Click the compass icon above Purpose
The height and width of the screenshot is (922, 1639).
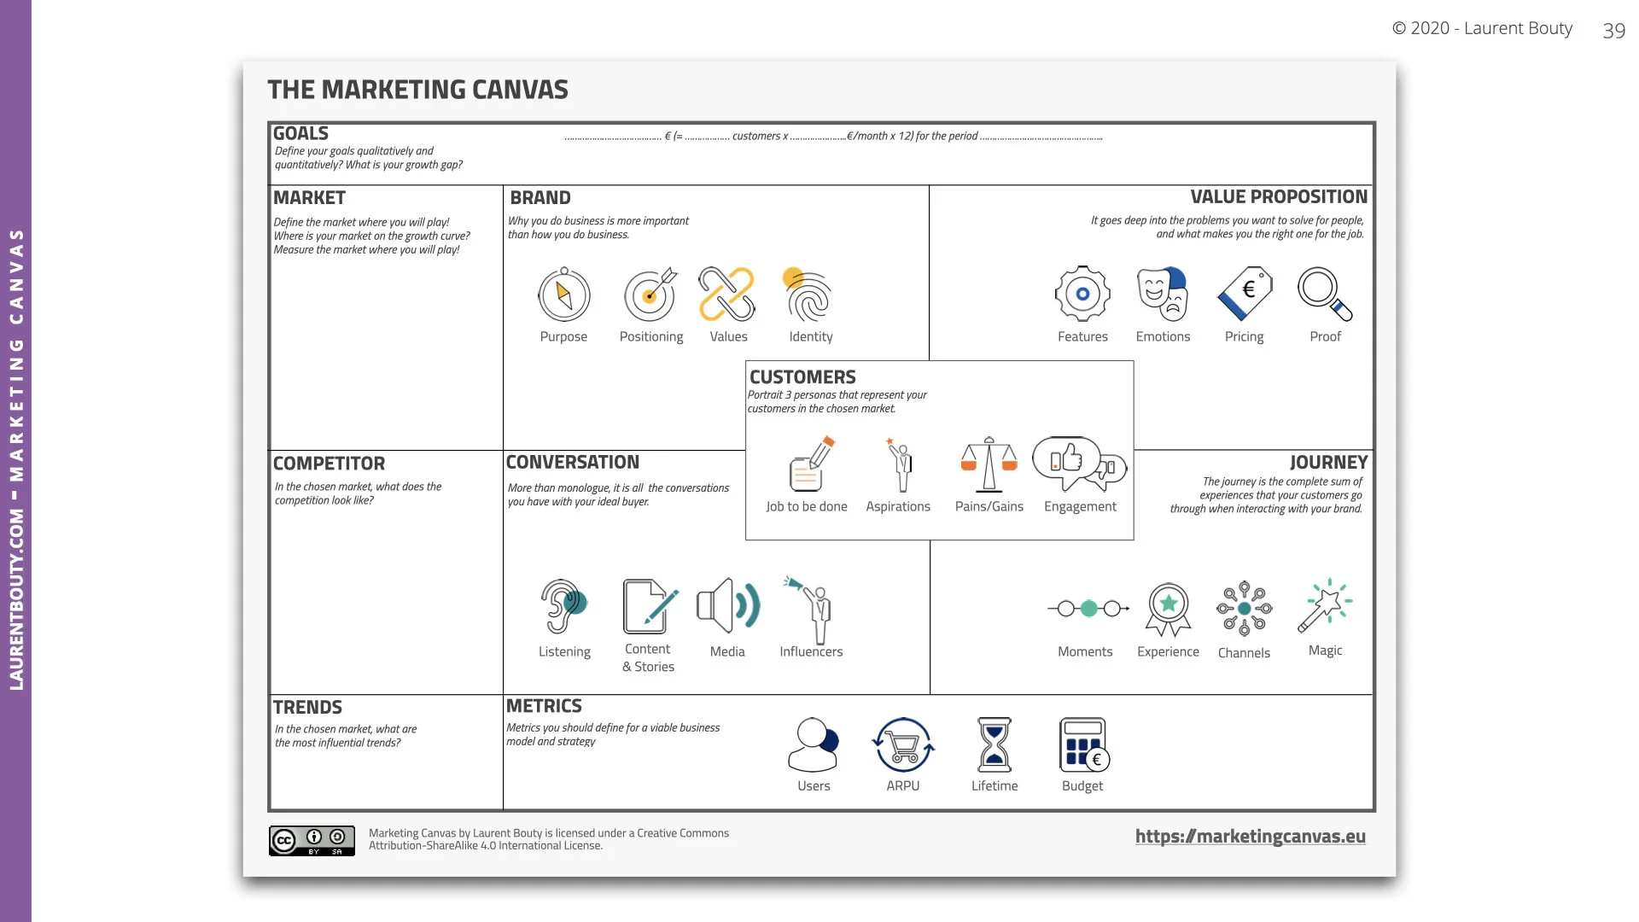[563, 295]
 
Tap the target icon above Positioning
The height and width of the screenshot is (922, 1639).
[650, 295]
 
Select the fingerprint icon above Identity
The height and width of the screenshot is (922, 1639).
[808, 295]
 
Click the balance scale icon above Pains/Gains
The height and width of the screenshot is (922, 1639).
[989, 465]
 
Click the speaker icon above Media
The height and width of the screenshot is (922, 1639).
[727, 606]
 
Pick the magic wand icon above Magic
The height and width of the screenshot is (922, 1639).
[1325, 606]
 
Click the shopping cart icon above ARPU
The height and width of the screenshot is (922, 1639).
[903, 745]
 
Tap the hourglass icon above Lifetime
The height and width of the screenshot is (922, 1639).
[994, 745]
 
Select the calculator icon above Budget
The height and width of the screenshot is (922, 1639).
[1083, 745]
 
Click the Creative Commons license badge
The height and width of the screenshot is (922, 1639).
[312, 841]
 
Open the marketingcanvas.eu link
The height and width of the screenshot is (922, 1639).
[1250, 837]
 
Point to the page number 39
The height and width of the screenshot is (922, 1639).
[1613, 31]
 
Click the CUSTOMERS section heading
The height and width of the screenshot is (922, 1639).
[802, 377]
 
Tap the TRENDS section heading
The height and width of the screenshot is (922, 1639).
[307, 708]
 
